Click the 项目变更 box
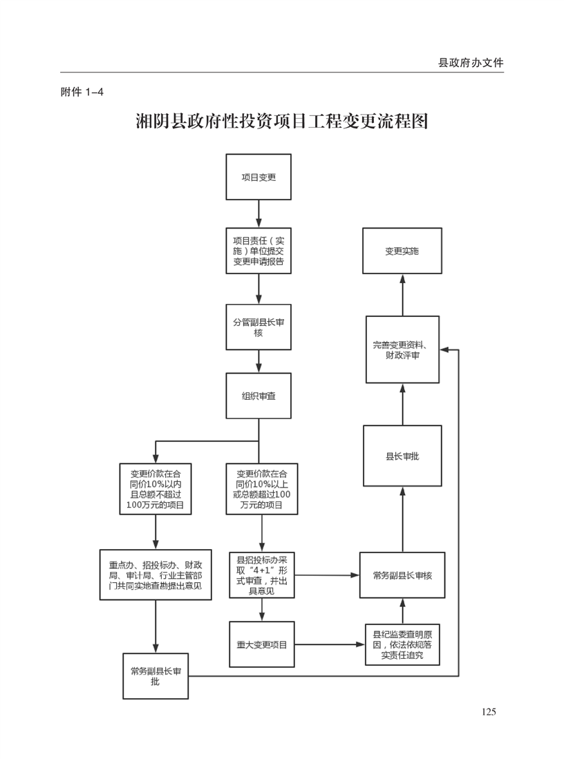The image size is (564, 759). tap(258, 177)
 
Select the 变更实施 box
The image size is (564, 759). tap(402, 251)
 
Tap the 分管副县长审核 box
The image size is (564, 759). tap(258, 327)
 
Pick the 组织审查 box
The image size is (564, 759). tap(258, 396)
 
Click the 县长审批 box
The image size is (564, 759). tap(402, 456)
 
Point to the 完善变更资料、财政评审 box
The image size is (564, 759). tap(402, 349)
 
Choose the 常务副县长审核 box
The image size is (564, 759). tap(402, 575)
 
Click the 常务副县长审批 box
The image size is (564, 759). tap(156, 675)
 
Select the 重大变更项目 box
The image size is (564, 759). tap(262, 644)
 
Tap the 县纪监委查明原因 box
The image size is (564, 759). tap(402, 644)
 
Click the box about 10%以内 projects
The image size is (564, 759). tap(156, 489)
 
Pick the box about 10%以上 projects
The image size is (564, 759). tap(262, 489)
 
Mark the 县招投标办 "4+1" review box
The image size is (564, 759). tap(262, 575)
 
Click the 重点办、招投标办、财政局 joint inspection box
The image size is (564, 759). tap(156, 575)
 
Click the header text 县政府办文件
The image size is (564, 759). tap(471, 63)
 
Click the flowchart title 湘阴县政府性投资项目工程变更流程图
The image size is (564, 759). tap(281, 122)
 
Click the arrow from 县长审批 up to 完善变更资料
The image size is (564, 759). tap(402, 404)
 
